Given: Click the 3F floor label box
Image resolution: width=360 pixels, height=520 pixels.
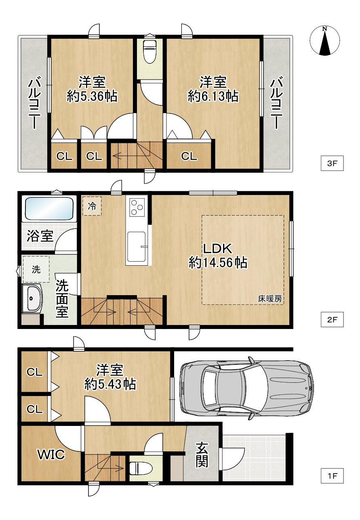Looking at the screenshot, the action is pyautogui.click(x=332, y=164).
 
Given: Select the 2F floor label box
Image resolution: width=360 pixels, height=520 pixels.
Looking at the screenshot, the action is pyautogui.click(x=332, y=320).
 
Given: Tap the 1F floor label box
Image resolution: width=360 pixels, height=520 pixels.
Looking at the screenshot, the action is pyautogui.click(x=332, y=476).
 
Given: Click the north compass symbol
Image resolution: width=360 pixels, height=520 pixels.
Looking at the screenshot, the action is pyautogui.click(x=325, y=41).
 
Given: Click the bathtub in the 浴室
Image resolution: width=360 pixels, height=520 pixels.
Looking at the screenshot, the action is pyautogui.click(x=49, y=208).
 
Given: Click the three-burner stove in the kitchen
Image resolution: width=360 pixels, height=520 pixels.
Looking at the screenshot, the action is pyautogui.click(x=136, y=206).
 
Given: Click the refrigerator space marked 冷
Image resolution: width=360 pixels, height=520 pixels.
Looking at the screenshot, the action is pyautogui.click(x=92, y=206).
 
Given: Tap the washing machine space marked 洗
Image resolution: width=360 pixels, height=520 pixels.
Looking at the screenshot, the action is pyautogui.click(x=36, y=269).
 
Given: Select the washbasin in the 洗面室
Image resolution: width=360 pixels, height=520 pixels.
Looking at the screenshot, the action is pyautogui.click(x=34, y=298).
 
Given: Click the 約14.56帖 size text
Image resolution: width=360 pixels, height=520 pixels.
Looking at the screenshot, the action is pyautogui.click(x=218, y=262).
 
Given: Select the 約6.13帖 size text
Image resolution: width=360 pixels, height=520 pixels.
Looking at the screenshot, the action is pyautogui.click(x=213, y=96).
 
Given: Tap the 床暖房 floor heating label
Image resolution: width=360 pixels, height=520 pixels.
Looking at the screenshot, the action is pyautogui.click(x=270, y=299).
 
